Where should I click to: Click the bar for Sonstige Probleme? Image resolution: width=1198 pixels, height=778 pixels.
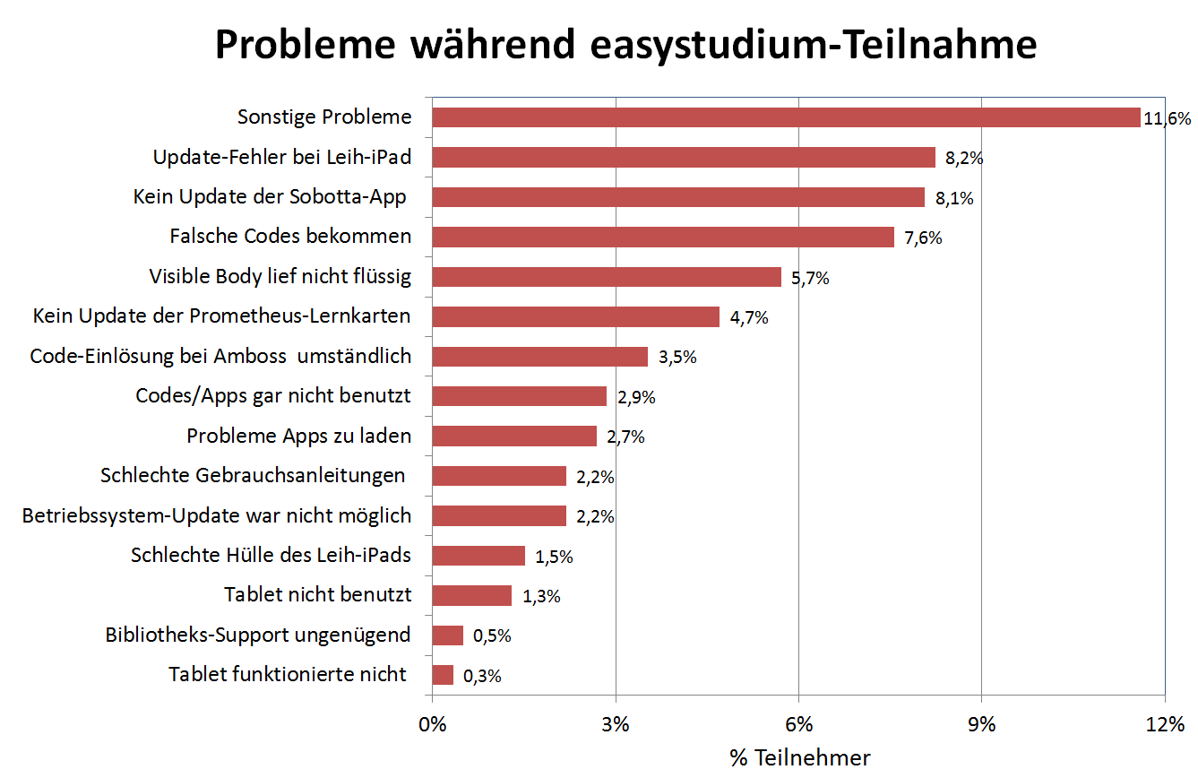coord(786,117)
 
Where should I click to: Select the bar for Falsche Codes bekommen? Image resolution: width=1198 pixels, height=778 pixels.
coord(663,237)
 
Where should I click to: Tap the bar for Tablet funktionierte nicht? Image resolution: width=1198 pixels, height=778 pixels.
coord(443,675)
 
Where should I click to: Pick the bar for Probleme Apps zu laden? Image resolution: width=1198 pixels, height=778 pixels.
coord(514,437)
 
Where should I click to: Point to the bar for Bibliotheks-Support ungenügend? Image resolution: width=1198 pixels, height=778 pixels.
coord(447,635)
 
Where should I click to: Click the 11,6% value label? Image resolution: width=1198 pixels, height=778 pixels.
coord(1167,118)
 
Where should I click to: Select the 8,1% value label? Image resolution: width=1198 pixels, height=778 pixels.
coord(953,198)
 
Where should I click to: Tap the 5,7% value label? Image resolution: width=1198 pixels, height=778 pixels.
coord(810,278)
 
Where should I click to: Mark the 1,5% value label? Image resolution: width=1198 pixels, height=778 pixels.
coord(554,557)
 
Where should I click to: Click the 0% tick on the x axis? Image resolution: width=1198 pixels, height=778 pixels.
coord(432,725)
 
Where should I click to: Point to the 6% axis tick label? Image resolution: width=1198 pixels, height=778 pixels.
coord(798,725)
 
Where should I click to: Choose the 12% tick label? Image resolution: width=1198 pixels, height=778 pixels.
coord(1164,725)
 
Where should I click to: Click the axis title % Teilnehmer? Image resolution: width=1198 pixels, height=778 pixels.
coord(799,758)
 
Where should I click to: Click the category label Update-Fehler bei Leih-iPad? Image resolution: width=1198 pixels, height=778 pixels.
coord(282,158)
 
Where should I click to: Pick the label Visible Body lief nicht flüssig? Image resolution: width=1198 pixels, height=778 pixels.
coord(280,277)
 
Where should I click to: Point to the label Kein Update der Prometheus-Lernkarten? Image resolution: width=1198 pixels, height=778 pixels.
coord(222,316)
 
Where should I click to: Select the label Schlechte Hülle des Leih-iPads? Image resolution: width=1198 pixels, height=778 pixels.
coord(271,556)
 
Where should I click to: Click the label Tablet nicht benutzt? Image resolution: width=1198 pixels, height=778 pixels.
coord(317,595)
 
